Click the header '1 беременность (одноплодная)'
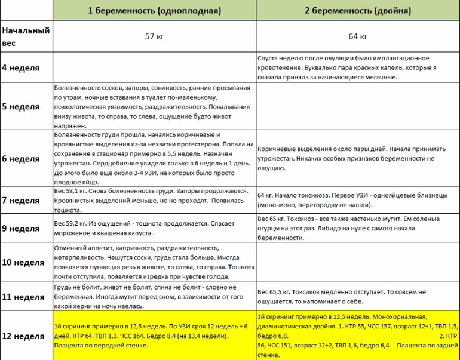click(x=154, y=11)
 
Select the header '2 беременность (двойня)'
click(x=358, y=11)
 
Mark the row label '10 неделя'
click(x=22, y=262)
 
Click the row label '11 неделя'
click(x=22, y=296)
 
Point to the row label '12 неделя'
click(x=22, y=336)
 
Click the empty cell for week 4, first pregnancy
click(x=154, y=67)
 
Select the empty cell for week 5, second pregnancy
click(x=358, y=107)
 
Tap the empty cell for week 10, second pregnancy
click(x=358, y=262)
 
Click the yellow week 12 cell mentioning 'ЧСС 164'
click(x=154, y=336)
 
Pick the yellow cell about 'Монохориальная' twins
click(x=358, y=336)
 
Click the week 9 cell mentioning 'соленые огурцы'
click(x=358, y=228)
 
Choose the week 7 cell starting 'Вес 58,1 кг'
click(x=154, y=200)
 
